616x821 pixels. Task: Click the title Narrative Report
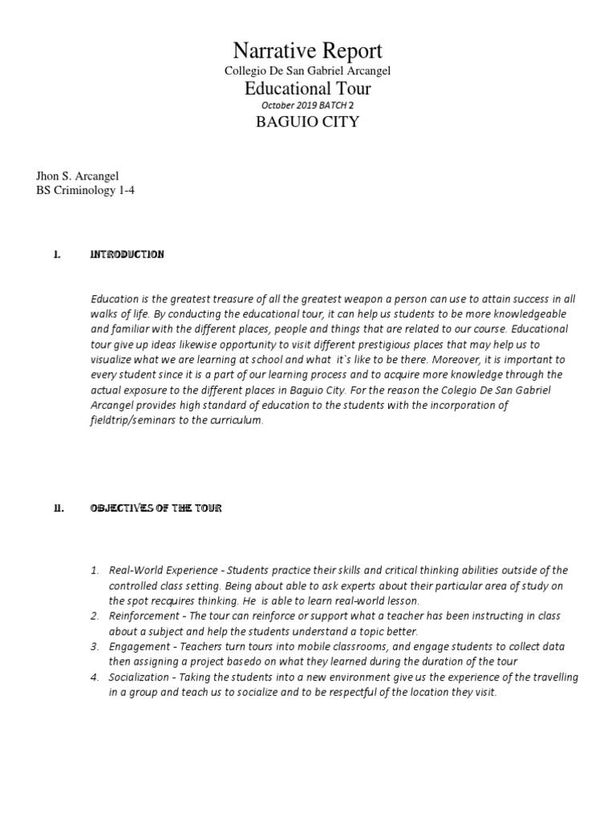point(308,51)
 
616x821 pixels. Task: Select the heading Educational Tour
point(308,88)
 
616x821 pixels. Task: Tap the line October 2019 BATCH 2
point(308,105)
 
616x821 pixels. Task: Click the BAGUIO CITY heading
point(308,123)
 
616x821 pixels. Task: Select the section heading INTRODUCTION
point(128,254)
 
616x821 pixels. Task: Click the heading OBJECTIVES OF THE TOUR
point(156,508)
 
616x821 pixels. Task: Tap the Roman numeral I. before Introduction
point(56,254)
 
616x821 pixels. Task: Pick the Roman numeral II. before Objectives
point(58,508)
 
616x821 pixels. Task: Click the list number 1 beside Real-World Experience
point(95,570)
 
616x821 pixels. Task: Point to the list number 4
point(95,677)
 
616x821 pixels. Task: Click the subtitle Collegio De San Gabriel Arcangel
point(308,71)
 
